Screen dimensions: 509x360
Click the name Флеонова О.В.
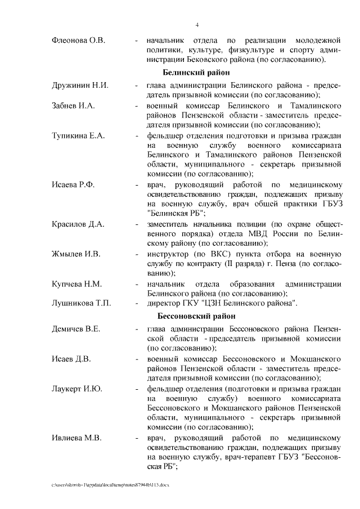click(78, 41)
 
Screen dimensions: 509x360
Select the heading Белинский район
click(196, 73)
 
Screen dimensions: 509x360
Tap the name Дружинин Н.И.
click(79, 85)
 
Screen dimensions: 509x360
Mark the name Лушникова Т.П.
click(81, 304)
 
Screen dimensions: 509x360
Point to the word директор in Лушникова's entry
click(163, 304)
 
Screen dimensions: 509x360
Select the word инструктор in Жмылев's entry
click(167, 254)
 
